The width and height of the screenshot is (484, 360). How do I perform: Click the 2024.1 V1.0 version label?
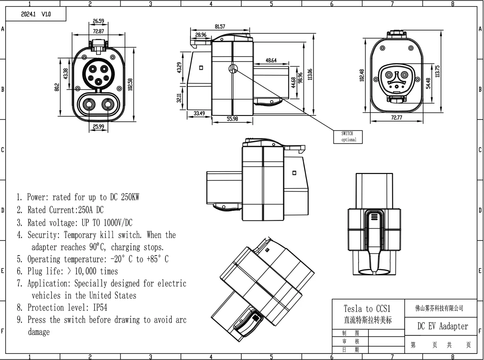(36, 14)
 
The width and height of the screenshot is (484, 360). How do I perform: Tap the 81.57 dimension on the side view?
(220, 27)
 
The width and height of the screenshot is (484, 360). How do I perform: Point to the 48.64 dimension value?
(271, 61)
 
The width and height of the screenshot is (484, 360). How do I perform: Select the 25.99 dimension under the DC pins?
(99, 126)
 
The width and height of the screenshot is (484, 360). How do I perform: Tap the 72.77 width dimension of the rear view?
(398, 117)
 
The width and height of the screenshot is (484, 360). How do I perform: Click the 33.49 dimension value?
(200, 114)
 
